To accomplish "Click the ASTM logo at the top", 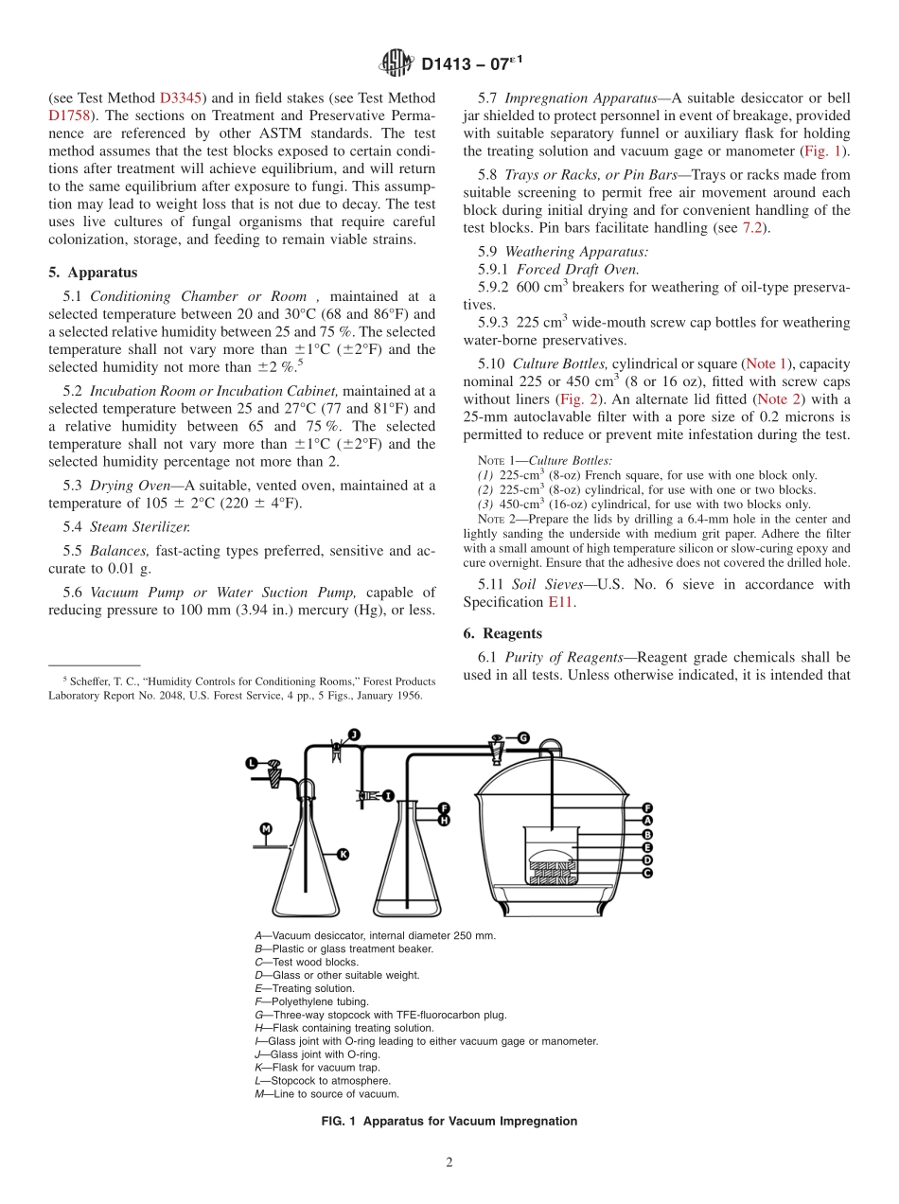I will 396,63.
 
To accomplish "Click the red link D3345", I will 180,98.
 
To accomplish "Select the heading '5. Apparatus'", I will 93,273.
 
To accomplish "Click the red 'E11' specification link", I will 560,602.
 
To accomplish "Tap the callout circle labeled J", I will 354,735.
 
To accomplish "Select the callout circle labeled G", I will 522,737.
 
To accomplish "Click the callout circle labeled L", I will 252,763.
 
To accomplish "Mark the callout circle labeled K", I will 343,854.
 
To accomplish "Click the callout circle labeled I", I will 387,796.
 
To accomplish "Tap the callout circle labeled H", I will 443,820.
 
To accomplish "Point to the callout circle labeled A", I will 647,821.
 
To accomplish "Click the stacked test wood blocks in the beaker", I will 553,872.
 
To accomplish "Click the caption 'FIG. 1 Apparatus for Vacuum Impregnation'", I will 449,1121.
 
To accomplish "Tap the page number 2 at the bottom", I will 449,1163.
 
